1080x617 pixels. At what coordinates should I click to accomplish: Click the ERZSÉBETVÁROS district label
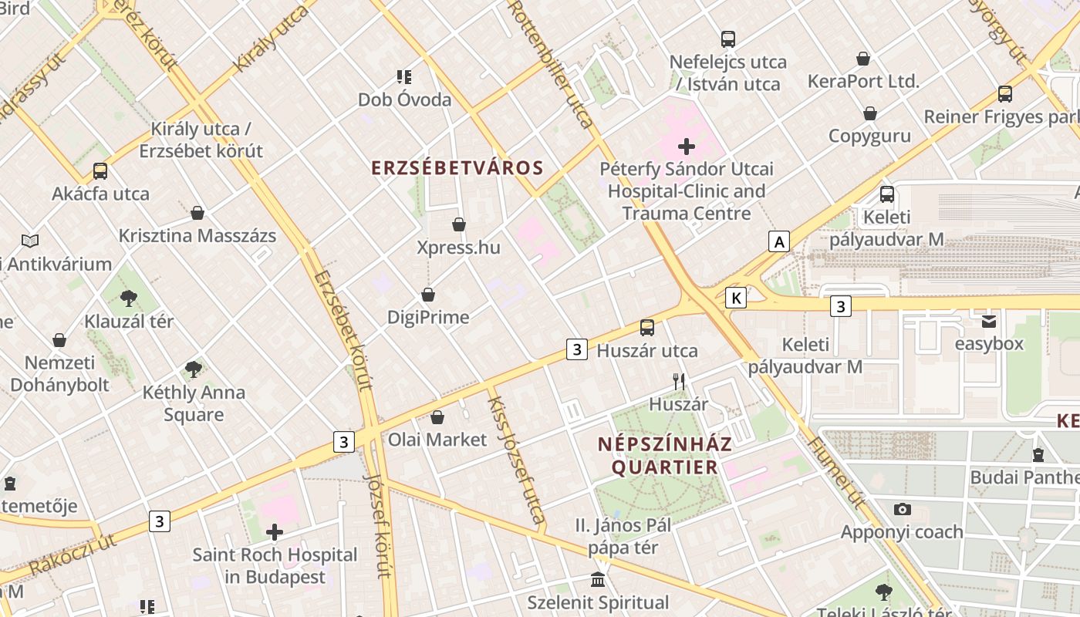coord(457,168)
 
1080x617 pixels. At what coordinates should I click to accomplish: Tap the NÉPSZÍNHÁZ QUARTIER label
coord(664,456)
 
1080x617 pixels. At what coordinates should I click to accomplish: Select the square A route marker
coord(779,242)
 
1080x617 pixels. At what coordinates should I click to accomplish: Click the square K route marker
coord(737,298)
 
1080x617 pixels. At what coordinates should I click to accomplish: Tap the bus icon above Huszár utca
coord(647,328)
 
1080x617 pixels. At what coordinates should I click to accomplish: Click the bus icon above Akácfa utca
coord(100,171)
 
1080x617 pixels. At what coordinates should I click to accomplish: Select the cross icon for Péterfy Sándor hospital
coord(686,147)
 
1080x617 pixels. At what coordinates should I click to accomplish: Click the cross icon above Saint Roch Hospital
coord(275,532)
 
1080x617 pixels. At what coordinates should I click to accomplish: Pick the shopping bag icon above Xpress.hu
coord(459,224)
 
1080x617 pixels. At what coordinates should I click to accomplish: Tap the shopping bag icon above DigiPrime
coord(428,295)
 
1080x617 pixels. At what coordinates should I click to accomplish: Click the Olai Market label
coord(437,440)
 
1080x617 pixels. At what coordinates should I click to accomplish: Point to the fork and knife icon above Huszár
coord(679,381)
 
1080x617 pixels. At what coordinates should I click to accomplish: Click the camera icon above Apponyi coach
coord(902,509)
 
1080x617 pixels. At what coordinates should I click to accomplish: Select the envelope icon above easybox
coord(988,321)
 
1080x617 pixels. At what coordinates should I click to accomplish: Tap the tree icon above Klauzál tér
coord(129,298)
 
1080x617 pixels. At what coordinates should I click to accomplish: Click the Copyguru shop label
coord(869,136)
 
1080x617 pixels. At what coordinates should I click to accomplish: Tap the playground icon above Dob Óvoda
coord(404,77)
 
